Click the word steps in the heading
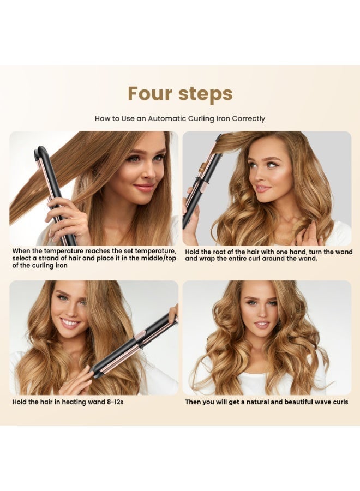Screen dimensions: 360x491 pyautogui.click(x=206, y=94)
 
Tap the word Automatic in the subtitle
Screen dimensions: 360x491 pyautogui.click(x=167, y=119)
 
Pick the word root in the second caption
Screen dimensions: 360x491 pyautogui.click(x=219, y=252)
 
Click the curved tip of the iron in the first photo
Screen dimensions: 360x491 pyautogui.click(x=41, y=150)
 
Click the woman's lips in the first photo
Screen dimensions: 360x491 pyautogui.click(x=144, y=188)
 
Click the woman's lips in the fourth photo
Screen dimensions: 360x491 pyautogui.click(x=261, y=325)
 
